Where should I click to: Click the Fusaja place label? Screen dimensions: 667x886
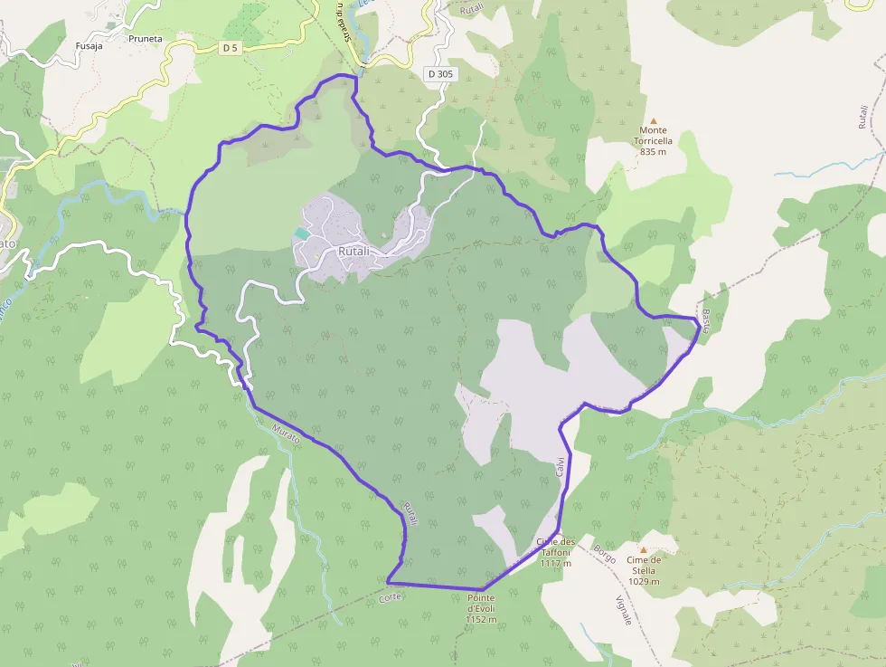[x=90, y=46]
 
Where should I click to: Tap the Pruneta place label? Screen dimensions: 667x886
[x=146, y=39]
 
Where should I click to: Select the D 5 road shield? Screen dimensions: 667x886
[x=231, y=47]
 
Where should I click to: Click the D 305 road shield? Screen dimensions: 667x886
[x=439, y=73]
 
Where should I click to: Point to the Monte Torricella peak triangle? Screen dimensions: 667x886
[x=654, y=120]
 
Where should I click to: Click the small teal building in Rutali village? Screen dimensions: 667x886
[x=301, y=233]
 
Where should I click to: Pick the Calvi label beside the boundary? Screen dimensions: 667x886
[x=560, y=466]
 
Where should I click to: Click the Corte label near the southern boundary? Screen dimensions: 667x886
[x=390, y=598]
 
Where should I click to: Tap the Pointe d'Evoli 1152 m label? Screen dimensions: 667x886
[x=483, y=609]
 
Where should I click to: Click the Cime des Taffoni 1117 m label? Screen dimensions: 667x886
[x=554, y=552]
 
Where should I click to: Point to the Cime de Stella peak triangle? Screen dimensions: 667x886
[x=644, y=549]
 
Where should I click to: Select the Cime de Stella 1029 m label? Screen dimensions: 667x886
[x=644, y=570]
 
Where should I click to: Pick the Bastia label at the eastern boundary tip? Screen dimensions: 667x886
[x=705, y=319]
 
